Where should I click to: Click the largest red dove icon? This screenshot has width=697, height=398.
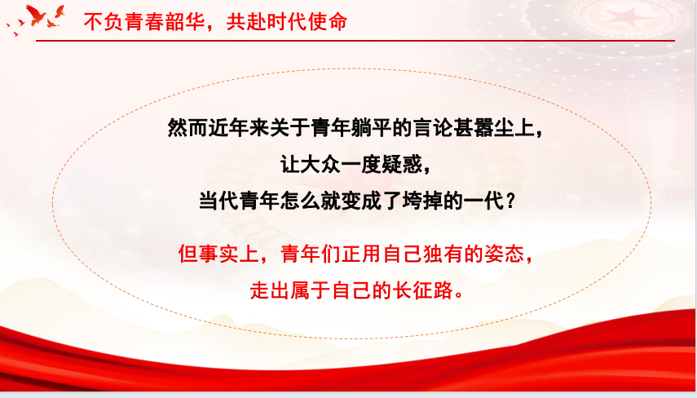[x=37, y=15]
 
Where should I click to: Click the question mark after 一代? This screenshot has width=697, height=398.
[x=511, y=201]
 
